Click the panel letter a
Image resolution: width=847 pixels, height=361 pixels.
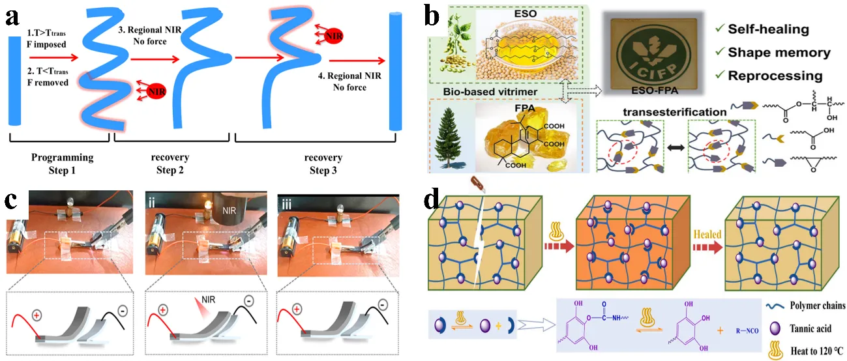coord(12,18)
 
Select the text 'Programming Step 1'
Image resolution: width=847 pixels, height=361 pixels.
coord(63,164)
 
